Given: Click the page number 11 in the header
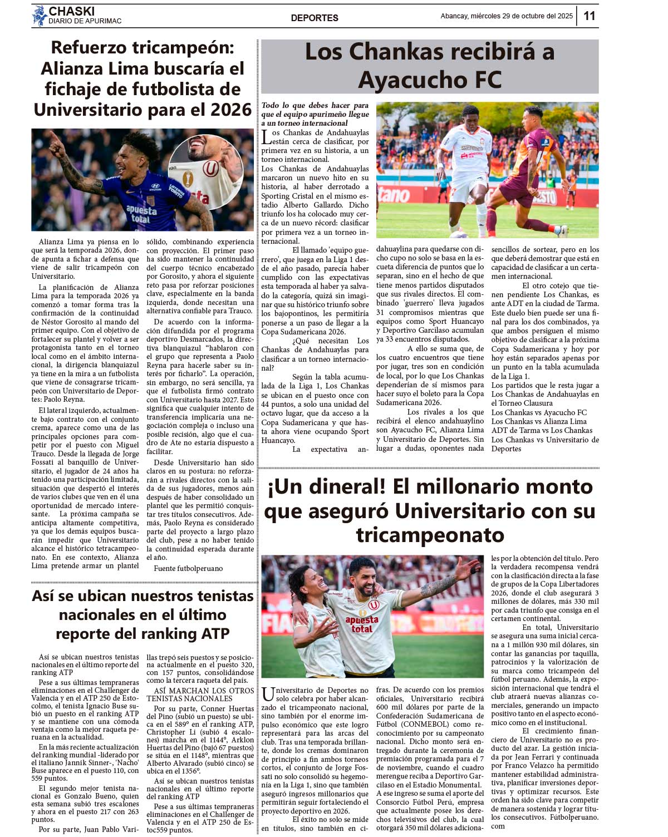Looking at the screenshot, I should point(589,16).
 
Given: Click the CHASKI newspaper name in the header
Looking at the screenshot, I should point(72,11).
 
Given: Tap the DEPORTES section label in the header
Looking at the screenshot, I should point(315,18).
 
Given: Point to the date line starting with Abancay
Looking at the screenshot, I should point(506,16).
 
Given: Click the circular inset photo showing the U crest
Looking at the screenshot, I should point(205,173).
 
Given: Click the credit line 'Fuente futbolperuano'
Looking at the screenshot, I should point(188,568).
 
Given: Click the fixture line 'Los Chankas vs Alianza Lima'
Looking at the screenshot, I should point(538,421).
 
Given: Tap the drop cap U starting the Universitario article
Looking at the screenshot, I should point(268,695).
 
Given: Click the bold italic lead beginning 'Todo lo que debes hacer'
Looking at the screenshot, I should point(315,114).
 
